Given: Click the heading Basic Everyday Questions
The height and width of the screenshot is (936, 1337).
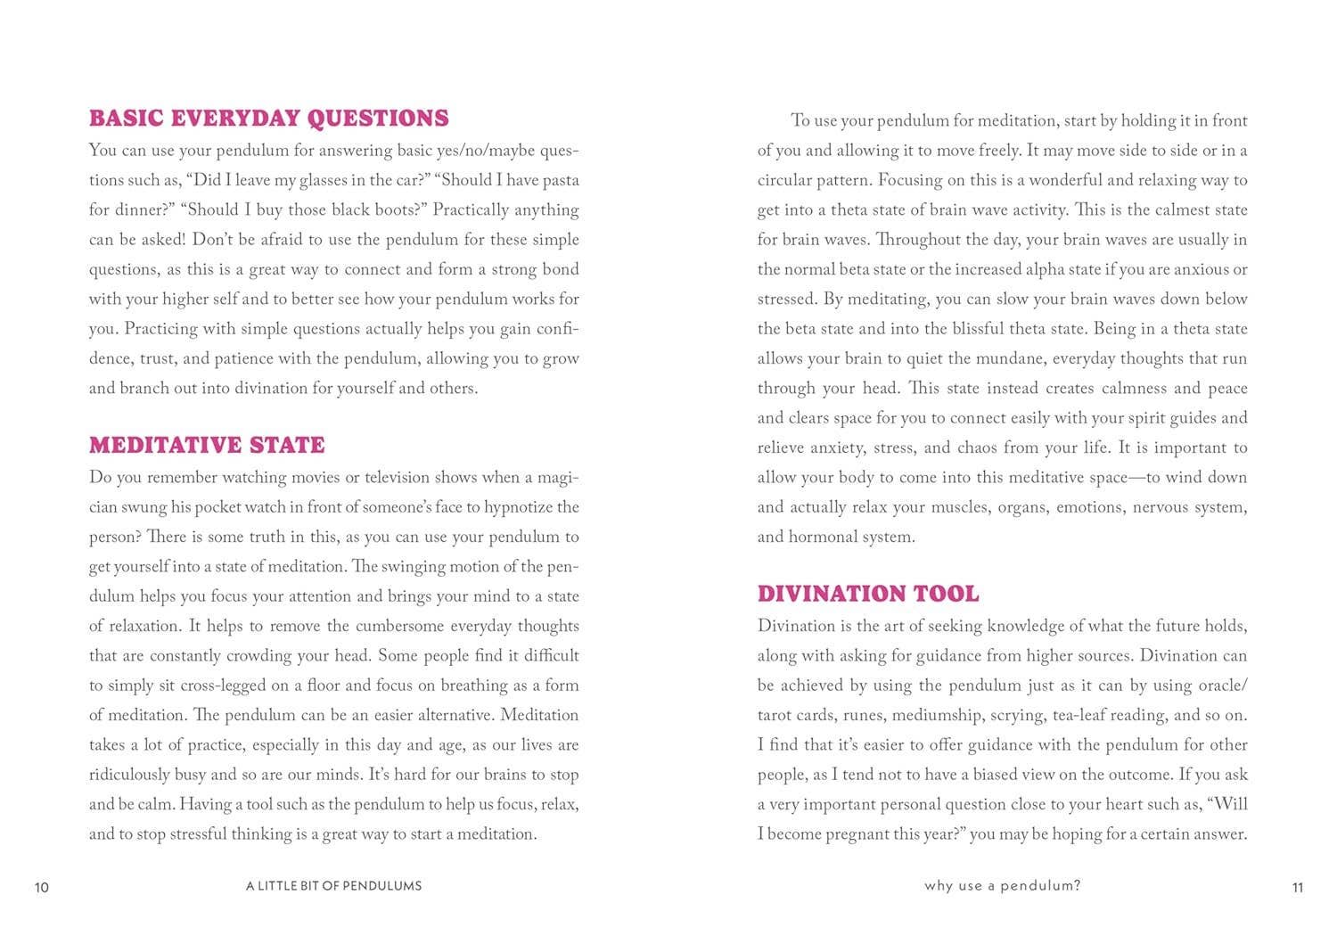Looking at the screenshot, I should click(x=268, y=119).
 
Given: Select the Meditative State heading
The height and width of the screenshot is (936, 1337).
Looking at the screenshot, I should click(x=207, y=445).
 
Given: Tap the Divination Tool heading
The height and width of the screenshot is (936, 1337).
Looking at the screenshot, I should click(x=868, y=594).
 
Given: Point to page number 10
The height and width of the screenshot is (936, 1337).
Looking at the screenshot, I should click(x=42, y=887).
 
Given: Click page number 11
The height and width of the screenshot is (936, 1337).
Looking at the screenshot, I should click(x=1297, y=887).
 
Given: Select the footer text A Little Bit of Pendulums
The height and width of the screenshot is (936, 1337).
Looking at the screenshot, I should click(x=333, y=886).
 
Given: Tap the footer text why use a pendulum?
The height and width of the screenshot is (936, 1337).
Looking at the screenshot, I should click(x=1002, y=886).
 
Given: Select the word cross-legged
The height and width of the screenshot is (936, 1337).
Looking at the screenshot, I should click(x=230, y=686).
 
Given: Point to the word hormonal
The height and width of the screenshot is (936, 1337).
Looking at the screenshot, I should click(x=826, y=538).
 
